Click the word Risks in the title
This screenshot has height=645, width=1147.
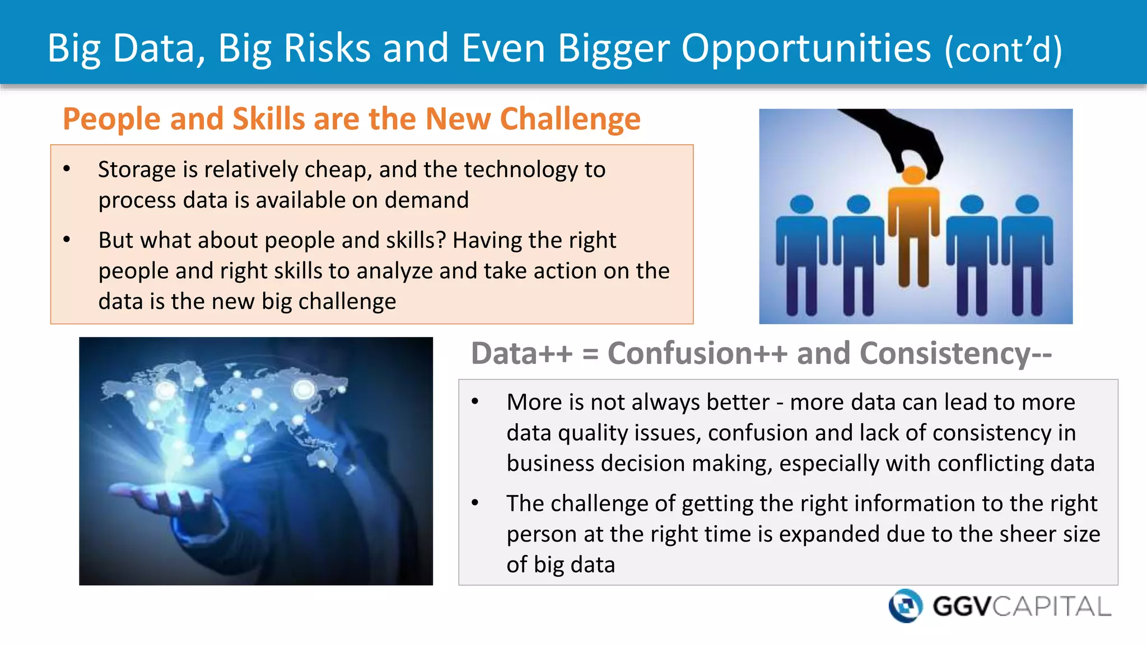(327, 48)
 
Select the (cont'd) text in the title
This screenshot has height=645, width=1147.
(1003, 50)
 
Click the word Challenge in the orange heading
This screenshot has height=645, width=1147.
(570, 119)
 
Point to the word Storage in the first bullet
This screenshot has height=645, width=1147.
(137, 170)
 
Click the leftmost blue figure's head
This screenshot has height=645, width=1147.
(802, 204)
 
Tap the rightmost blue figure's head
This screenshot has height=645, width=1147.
(1027, 204)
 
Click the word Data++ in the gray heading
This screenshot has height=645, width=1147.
(522, 353)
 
